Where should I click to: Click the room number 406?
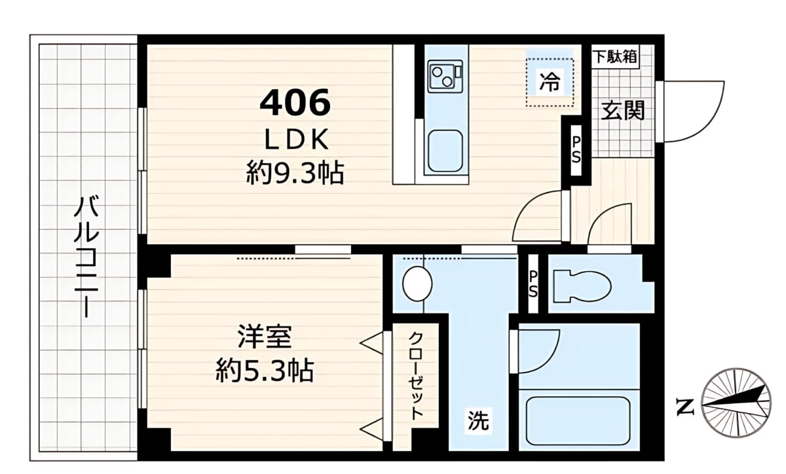coord(295,101)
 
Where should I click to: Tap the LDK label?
coord(297,139)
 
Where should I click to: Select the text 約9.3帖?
coord(295,173)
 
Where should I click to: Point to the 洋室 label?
coord(265,337)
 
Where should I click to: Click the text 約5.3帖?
coord(265,371)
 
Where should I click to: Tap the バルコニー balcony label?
coord(86,257)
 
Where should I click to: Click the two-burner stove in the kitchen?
coord(445,77)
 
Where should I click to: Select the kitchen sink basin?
coord(445,151)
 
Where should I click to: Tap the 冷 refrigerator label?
coord(550,81)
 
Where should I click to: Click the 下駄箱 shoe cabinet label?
coord(616,56)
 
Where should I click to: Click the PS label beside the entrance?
coord(576,150)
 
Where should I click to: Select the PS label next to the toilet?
coord(533,285)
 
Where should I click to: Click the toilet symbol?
coord(582,286)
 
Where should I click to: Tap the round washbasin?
coord(417,284)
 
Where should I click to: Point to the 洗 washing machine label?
coord(478,420)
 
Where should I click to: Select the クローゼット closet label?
coord(416,375)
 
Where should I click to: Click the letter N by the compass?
coord(685,407)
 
